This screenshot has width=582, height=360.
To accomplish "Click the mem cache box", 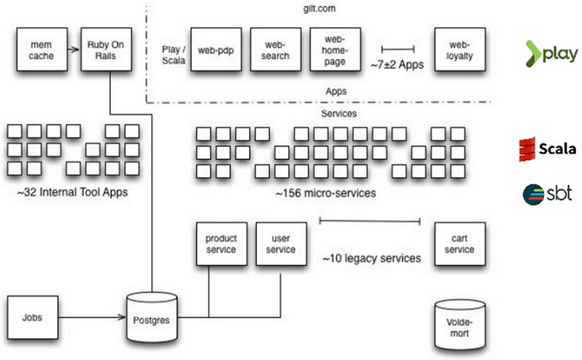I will coord(40,49).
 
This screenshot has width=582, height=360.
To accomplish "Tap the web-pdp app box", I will coord(213,50).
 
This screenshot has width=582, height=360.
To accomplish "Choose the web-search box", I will coord(273,50).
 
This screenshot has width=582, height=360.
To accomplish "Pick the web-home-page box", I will coord(332,50).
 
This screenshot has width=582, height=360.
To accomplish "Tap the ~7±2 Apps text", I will coord(397,64).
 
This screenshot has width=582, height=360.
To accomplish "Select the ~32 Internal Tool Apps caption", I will coord(71,190).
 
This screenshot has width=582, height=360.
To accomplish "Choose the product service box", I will coord(221,244).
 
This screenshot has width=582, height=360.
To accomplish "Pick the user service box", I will coord(280,244).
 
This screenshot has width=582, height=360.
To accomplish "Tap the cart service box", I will coord(459,244).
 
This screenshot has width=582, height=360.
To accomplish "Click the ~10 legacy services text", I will coord(372,258).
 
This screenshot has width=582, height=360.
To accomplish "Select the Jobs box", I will coord(32,317).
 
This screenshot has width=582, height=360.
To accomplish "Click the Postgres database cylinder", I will coord(152,317).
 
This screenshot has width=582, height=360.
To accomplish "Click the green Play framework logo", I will coord(550,54).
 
